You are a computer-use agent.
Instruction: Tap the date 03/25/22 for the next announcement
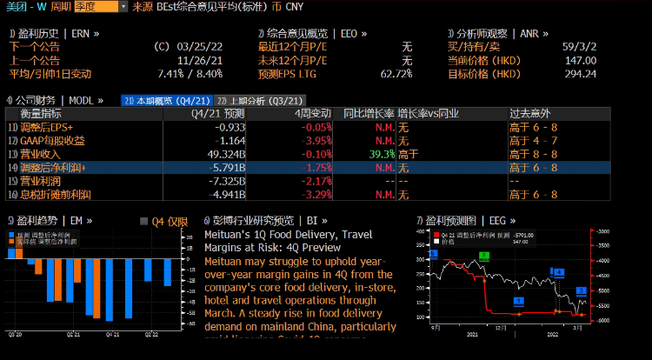point(202,47)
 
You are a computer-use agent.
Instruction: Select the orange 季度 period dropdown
point(95,6)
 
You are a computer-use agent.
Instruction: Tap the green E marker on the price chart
point(485,256)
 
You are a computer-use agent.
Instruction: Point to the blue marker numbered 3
point(582,290)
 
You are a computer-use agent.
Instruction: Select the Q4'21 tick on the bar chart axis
point(114,332)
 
